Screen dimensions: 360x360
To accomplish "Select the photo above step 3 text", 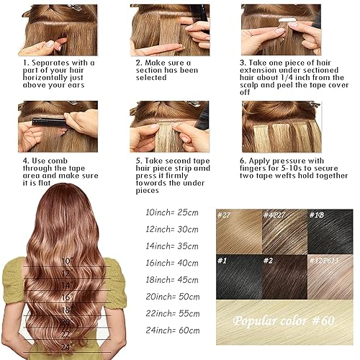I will click(281, 29).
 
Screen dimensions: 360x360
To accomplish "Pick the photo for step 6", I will click(281, 126).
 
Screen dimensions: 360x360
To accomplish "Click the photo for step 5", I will click(169, 126).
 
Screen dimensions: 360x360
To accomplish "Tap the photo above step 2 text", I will click(169, 29).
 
